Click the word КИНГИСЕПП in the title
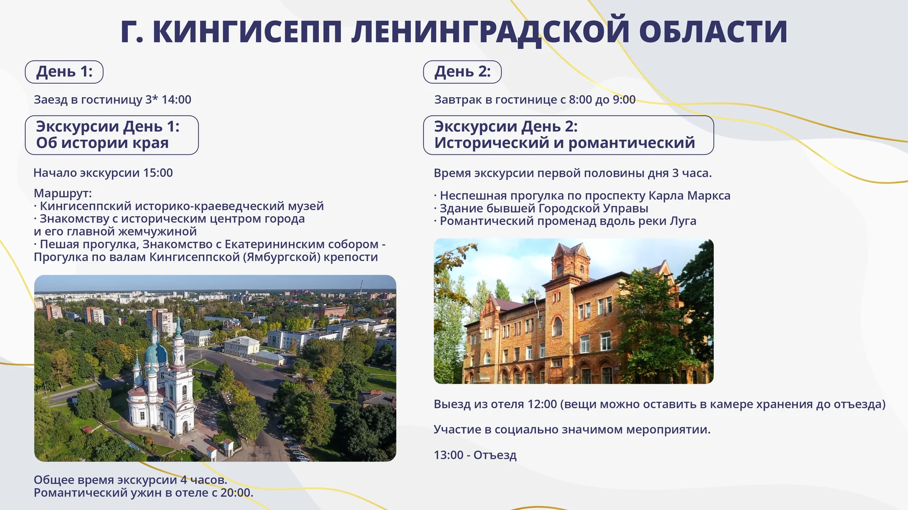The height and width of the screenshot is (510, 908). pyautogui.click(x=247, y=32)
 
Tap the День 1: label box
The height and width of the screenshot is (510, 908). pyautogui.click(x=64, y=72)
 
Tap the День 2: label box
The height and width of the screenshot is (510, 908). pyautogui.click(x=463, y=72)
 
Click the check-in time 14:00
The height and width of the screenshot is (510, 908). pyautogui.click(x=176, y=100)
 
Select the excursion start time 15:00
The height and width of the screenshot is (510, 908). pyautogui.click(x=158, y=173)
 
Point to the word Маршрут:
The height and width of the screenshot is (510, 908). pyautogui.click(x=62, y=193)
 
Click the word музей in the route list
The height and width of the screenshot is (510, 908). pyautogui.click(x=306, y=206)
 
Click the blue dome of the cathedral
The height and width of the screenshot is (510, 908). pyautogui.click(x=156, y=353)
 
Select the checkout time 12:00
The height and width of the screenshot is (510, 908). pyautogui.click(x=542, y=404)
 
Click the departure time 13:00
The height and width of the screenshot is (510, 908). pyautogui.click(x=448, y=455)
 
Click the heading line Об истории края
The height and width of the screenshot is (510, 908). pyautogui.click(x=102, y=143)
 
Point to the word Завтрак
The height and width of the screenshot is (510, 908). pyautogui.click(x=455, y=100)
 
